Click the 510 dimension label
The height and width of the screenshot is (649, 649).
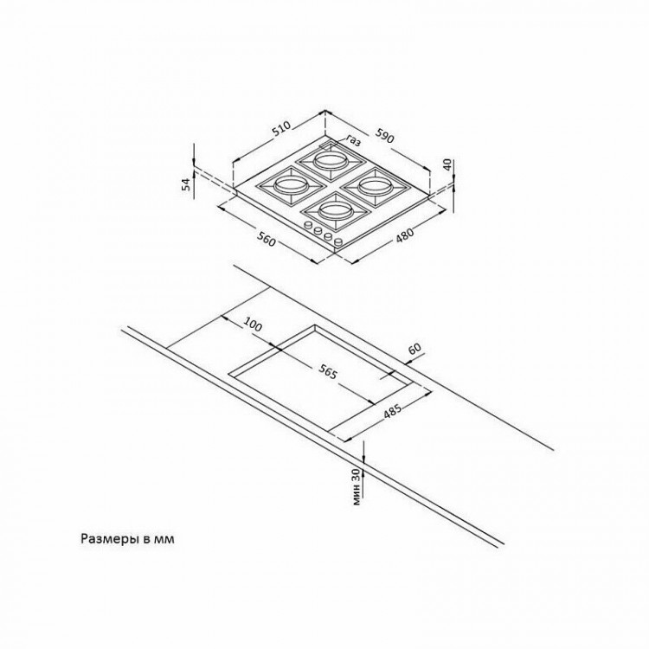[x=281, y=129]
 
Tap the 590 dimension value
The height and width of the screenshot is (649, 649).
[x=384, y=135]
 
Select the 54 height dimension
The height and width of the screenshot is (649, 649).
[x=187, y=183]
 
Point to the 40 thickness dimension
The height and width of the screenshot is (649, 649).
[x=447, y=164]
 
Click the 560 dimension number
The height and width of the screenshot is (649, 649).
[x=267, y=239]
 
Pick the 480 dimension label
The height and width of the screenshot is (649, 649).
[x=404, y=235]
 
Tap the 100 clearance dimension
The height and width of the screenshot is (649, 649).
[x=252, y=324]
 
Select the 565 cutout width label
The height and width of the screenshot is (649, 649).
[x=328, y=373]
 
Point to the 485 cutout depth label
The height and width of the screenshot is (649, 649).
[x=392, y=411]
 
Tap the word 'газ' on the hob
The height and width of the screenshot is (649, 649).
[x=353, y=141]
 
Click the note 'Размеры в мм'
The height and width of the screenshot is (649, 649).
[x=127, y=539]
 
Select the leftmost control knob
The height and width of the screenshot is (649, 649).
[x=308, y=226]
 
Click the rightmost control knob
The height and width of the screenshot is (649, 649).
[x=339, y=241]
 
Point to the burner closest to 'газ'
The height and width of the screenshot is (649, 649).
[x=329, y=160]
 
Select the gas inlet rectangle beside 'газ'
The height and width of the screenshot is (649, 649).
[x=328, y=145]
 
